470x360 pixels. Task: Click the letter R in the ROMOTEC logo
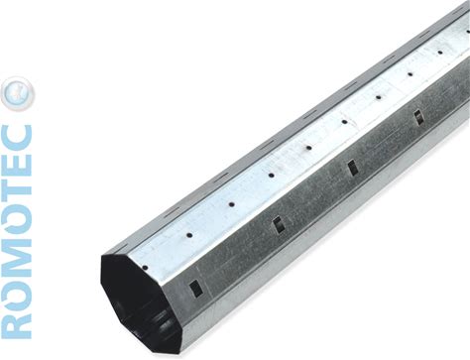17,324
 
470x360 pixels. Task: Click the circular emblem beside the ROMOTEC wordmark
18,93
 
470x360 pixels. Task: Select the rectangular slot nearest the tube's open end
196,287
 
